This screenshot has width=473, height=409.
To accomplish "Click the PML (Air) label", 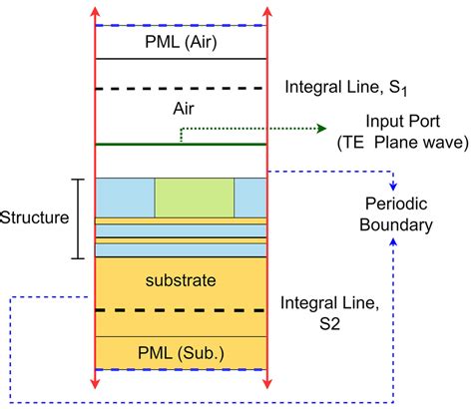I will (181, 42).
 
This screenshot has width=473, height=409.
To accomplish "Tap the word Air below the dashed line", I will (181, 117).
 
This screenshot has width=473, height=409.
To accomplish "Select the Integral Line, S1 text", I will (344, 88).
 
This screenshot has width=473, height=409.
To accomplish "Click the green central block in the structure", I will (195, 198).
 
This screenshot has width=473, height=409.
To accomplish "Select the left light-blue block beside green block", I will (125, 198).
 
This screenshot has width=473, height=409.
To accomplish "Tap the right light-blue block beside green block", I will (251, 198).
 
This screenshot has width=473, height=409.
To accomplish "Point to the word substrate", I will (181, 281).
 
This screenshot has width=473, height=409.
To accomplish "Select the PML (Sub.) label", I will (181, 351).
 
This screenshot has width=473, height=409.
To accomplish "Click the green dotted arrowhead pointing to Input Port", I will (322, 129).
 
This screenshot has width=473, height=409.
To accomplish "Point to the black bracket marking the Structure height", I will (80, 218).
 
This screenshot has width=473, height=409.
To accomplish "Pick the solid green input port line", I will (181, 145).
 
